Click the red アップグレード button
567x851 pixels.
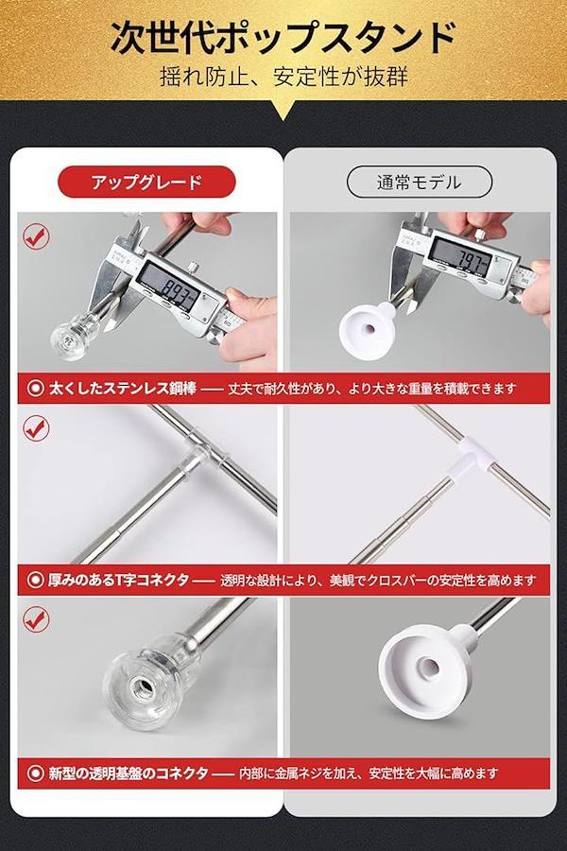pos(146,182)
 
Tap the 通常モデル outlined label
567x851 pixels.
pos(420,182)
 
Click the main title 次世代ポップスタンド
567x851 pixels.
pos(283,39)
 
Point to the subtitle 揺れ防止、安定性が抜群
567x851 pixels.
pos(283,77)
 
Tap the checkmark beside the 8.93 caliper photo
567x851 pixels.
pos(36,237)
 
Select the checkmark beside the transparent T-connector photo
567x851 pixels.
pos(36,428)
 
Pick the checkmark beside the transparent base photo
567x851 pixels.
pos(36,619)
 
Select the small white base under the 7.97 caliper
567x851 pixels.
pos(369,328)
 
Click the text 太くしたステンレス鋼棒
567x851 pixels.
pos(123,389)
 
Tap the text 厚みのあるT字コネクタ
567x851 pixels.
pos(118,581)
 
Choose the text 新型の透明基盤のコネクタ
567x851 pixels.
pos(129,773)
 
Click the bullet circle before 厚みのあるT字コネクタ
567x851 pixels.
pos(36,581)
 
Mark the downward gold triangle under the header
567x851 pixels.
pos(283,111)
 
